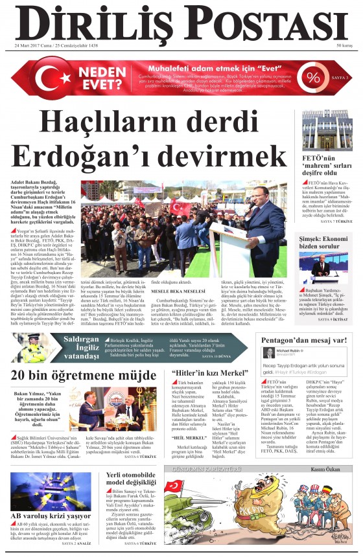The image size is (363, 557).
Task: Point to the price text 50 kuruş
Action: [344, 46]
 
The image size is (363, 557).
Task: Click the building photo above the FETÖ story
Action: [327, 130]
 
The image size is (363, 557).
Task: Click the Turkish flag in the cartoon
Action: [174, 486]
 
